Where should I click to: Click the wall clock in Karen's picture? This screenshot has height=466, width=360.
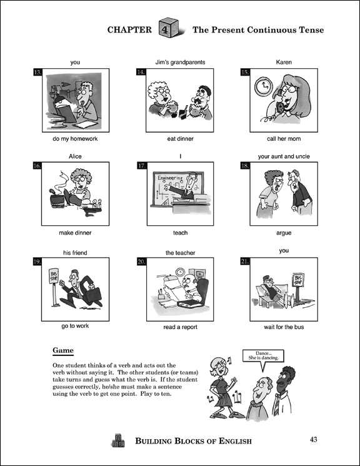click(264, 87)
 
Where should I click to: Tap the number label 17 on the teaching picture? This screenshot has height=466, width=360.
click(142, 166)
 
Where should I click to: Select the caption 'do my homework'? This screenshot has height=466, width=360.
click(75, 139)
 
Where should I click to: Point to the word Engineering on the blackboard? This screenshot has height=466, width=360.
click(170, 178)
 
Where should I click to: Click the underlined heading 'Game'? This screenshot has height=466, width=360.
click(63, 350)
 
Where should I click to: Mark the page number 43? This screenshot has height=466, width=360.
click(313, 440)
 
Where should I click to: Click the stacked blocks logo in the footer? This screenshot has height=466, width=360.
click(118, 440)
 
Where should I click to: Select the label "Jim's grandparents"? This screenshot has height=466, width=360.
click(180, 62)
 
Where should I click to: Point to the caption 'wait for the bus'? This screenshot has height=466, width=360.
click(284, 327)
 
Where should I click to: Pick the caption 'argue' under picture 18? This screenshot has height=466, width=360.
click(284, 233)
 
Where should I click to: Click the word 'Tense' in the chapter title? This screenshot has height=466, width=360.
click(312, 30)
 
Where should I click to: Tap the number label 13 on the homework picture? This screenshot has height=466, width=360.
click(37, 72)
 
